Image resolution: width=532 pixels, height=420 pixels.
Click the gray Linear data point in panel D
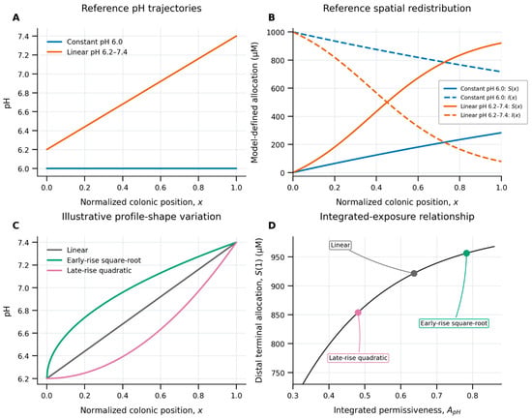(414, 273)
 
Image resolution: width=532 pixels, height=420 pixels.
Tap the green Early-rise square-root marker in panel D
(466, 253)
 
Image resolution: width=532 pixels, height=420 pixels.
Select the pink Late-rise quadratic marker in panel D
(358, 313)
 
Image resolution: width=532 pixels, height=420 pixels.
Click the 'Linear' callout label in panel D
(340, 245)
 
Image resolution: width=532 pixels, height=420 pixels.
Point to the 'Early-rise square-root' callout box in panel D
(454, 323)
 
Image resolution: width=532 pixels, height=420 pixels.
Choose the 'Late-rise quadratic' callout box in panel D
(358, 358)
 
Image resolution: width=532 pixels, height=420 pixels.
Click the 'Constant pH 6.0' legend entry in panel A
(85, 42)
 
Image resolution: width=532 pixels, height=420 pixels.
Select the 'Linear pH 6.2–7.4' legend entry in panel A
(87, 52)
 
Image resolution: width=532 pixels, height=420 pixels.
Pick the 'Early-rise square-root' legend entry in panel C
(94, 260)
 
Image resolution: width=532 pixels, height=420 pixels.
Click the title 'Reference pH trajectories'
(141, 8)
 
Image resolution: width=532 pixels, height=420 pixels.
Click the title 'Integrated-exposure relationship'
(397, 216)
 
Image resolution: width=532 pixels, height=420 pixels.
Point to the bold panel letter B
(272, 17)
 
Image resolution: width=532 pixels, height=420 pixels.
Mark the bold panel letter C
(15, 225)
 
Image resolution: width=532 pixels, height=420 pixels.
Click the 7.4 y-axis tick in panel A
(27, 36)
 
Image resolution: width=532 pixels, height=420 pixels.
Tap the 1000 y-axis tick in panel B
(275, 32)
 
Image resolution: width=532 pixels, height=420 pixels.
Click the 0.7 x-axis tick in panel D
(436, 396)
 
